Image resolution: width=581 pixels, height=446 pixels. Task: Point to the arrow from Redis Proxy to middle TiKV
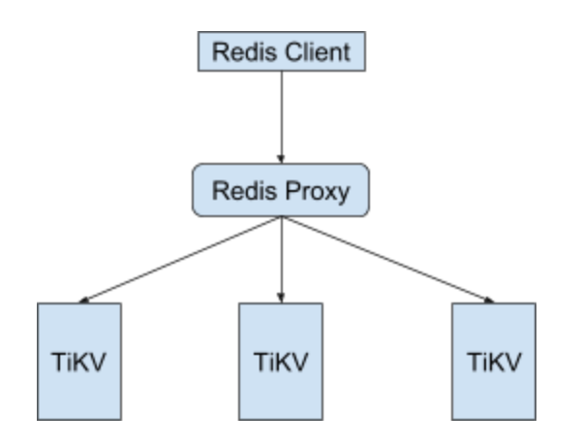click(x=281, y=257)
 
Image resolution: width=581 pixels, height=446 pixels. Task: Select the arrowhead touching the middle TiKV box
click(x=281, y=297)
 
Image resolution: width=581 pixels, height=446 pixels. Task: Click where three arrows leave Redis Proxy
click(x=281, y=217)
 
